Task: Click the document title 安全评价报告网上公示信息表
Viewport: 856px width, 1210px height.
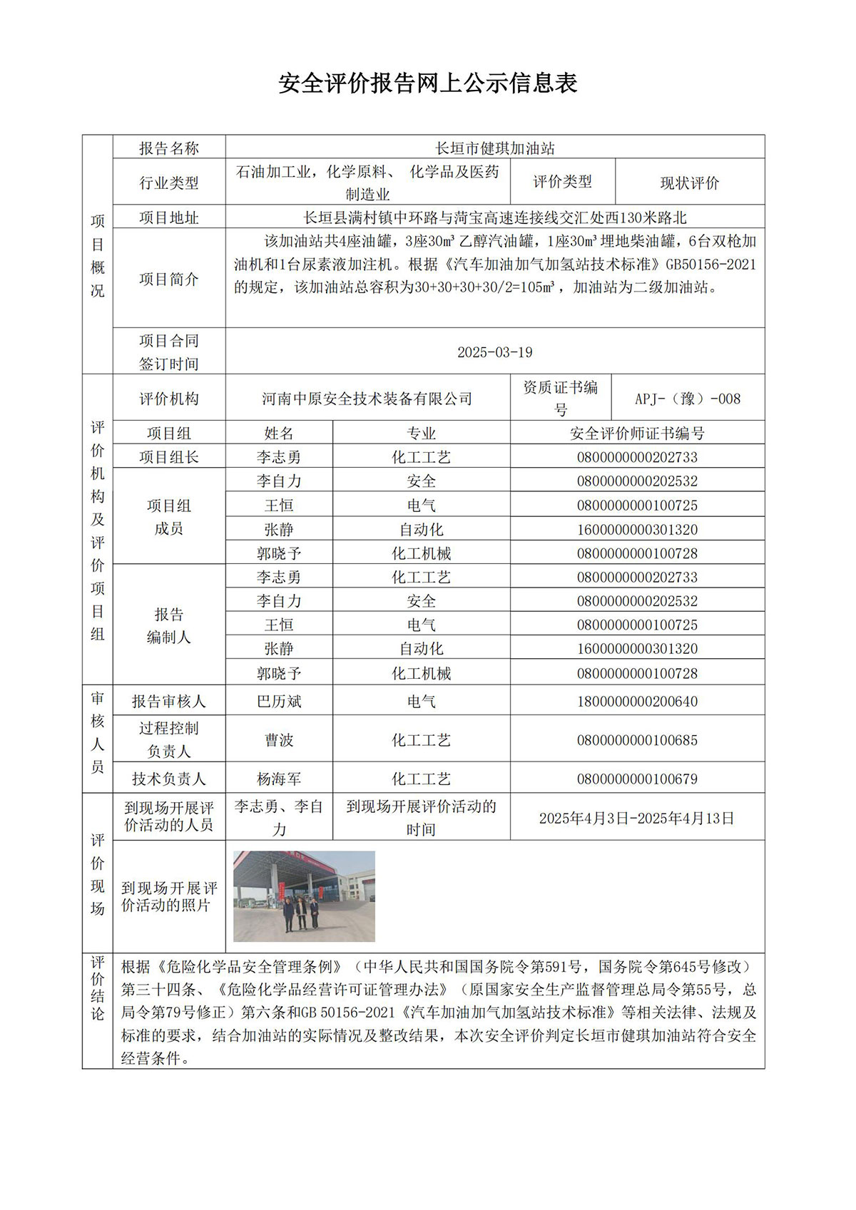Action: click(x=427, y=83)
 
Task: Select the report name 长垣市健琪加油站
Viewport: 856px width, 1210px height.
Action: click(x=495, y=148)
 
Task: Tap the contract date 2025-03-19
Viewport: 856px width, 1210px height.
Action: click(x=494, y=352)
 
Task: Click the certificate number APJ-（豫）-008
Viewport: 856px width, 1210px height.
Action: click(x=688, y=399)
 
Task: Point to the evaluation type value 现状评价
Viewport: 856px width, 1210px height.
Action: click(x=689, y=183)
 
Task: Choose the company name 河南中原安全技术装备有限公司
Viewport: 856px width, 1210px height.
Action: click(x=367, y=399)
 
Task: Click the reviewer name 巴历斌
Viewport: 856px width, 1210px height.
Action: click(x=279, y=702)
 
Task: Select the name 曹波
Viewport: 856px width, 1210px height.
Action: click(x=279, y=740)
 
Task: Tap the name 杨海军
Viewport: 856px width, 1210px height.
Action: click(x=279, y=779)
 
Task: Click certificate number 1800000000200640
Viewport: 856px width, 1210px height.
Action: click(x=637, y=702)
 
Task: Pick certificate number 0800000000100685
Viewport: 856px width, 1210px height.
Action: click(x=637, y=740)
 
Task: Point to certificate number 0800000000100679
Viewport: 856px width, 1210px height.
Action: click(x=637, y=779)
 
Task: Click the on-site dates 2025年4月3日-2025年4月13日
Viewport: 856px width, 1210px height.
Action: click(x=637, y=819)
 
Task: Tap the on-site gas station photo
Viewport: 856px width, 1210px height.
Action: click(x=304, y=896)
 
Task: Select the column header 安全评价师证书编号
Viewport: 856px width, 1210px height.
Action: click(x=637, y=434)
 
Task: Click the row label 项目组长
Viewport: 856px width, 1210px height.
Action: click(x=169, y=457)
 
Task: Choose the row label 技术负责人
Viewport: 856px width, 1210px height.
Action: click(x=169, y=779)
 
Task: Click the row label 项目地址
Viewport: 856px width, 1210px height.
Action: click(x=169, y=217)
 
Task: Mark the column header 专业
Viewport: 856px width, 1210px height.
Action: click(x=421, y=434)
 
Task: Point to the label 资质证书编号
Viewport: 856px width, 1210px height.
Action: click(x=561, y=399)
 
